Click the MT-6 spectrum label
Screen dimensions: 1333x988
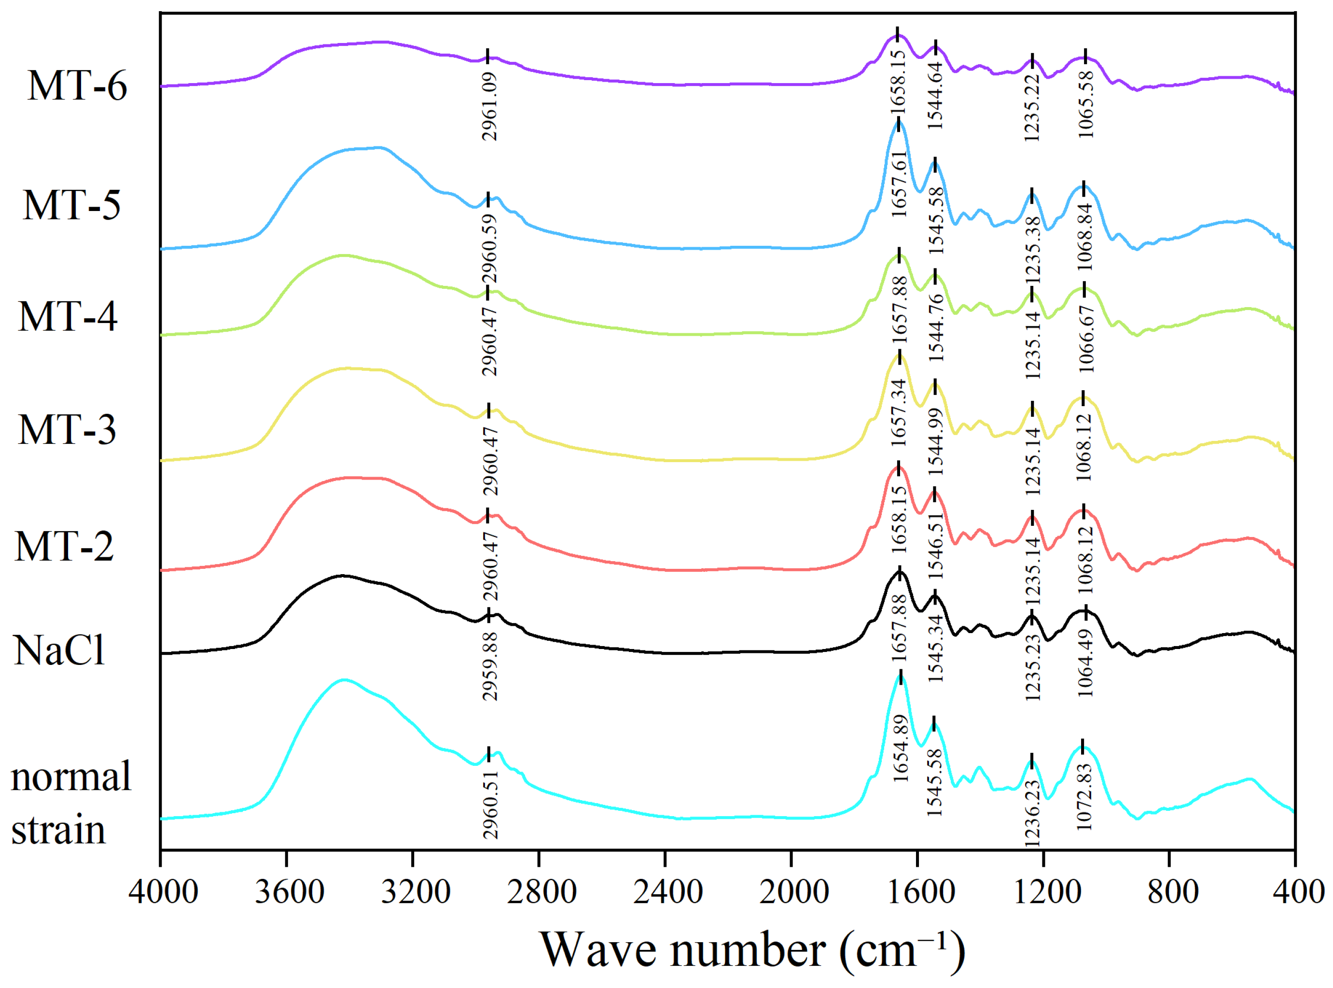[77, 85]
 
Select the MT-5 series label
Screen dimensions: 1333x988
[72, 205]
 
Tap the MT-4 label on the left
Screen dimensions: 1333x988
[68, 316]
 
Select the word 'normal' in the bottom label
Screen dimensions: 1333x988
[71, 777]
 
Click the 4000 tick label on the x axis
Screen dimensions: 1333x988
[163, 892]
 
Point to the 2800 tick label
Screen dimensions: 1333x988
[542, 892]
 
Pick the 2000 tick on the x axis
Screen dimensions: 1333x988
[794, 892]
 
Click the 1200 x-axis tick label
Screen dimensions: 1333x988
[1047, 892]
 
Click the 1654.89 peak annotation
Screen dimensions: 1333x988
[900, 749]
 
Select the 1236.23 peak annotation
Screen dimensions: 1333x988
[1032, 813]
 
